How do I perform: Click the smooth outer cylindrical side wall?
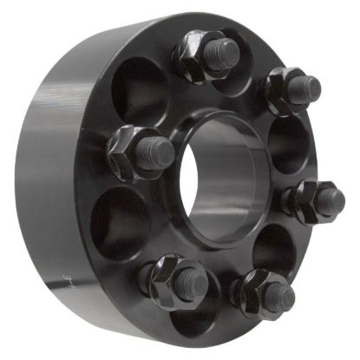[52, 156]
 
